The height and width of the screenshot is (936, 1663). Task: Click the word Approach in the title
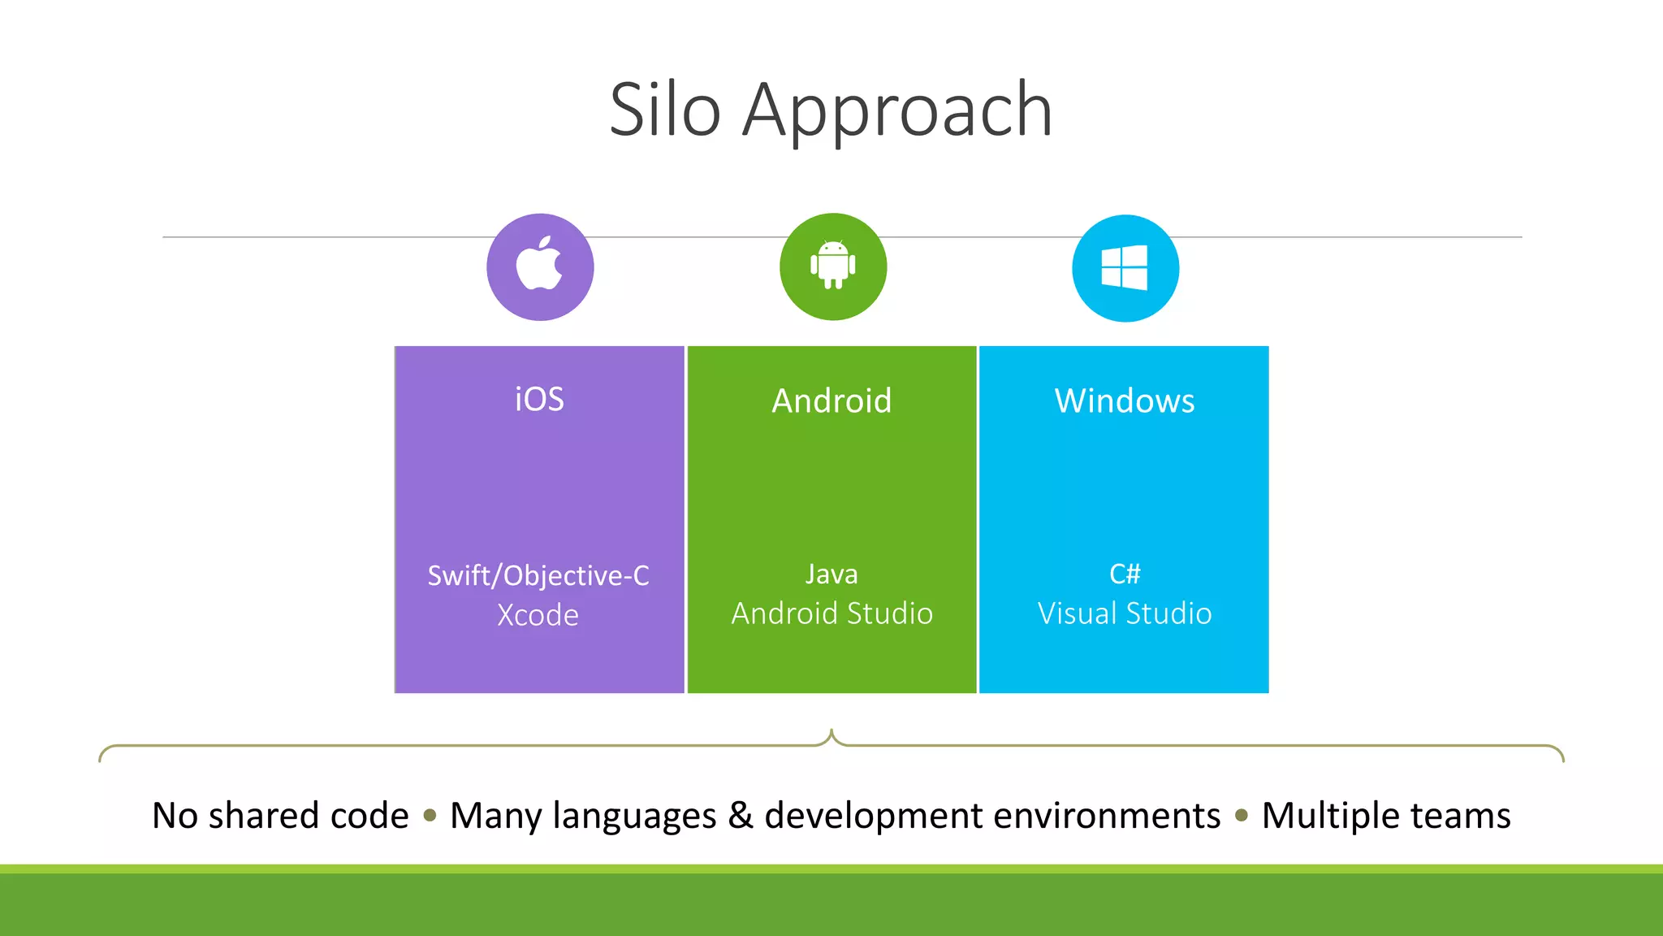click(897, 111)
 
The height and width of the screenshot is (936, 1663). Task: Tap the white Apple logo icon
click(540, 264)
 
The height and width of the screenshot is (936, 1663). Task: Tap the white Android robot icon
click(833, 265)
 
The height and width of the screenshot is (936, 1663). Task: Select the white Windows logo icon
click(1125, 267)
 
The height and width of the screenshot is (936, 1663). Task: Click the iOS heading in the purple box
click(539, 400)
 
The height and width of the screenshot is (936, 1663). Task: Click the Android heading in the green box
click(831, 401)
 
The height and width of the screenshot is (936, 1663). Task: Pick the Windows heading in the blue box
click(1125, 401)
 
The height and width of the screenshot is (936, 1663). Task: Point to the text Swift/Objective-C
click(538, 575)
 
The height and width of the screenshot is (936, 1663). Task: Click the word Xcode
click(538, 615)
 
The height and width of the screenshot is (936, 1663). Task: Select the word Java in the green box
click(831, 574)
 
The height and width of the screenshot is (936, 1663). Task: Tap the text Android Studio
click(831, 613)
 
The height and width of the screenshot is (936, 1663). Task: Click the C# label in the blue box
click(1125, 574)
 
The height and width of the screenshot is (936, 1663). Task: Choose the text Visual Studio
click(1125, 613)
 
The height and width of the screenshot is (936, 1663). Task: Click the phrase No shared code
click(280, 815)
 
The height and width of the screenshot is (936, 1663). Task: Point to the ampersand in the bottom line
click(740, 815)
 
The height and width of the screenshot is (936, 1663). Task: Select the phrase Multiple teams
click(1386, 815)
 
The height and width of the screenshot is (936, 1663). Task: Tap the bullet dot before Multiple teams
click(1241, 815)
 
